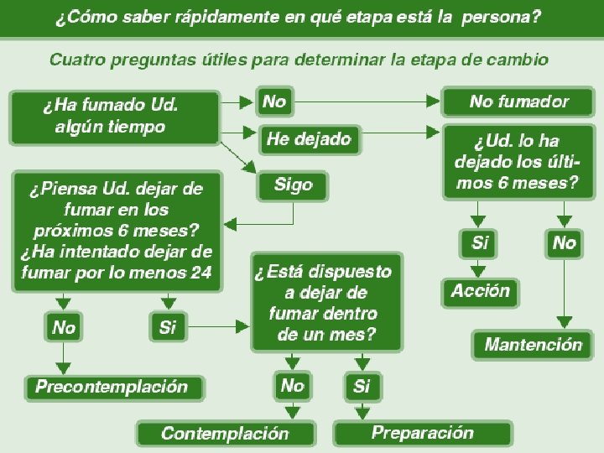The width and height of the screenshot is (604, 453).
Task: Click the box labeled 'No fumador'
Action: click(518, 102)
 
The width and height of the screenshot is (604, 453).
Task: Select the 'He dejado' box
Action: click(308, 139)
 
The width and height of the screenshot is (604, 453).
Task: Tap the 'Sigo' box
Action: click(293, 185)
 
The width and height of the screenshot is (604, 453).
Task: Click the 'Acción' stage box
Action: click(480, 292)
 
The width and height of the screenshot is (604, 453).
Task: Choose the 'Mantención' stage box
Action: click(533, 344)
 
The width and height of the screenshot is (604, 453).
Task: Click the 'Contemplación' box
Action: click(225, 433)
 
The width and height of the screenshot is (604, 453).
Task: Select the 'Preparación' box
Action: click(422, 433)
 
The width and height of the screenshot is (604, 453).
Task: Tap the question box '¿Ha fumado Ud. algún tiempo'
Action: click(112, 117)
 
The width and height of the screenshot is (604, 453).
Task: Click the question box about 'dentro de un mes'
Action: click(325, 302)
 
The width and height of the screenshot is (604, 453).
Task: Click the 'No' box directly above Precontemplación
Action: click(63, 327)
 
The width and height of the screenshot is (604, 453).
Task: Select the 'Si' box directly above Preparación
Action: click(362, 386)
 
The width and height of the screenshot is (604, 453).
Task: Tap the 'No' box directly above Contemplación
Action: click(292, 386)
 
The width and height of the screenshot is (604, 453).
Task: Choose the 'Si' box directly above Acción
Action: click(479, 243)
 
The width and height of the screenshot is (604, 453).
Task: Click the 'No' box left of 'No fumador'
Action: click(274, 102)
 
